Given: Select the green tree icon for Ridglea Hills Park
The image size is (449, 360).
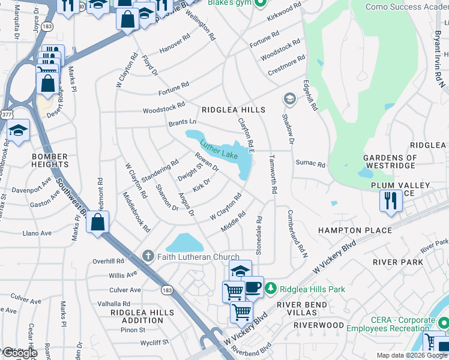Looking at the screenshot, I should point(271,289).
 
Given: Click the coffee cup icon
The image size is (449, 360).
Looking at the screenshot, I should point(253,286).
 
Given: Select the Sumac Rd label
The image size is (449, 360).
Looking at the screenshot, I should point(310,164).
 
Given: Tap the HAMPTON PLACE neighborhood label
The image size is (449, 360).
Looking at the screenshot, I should point(355,230).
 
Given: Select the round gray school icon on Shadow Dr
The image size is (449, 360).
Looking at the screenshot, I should point(289,98).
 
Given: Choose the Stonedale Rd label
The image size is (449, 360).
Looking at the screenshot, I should point(259,236).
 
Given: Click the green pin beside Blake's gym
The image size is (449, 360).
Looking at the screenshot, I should point(260,4).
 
